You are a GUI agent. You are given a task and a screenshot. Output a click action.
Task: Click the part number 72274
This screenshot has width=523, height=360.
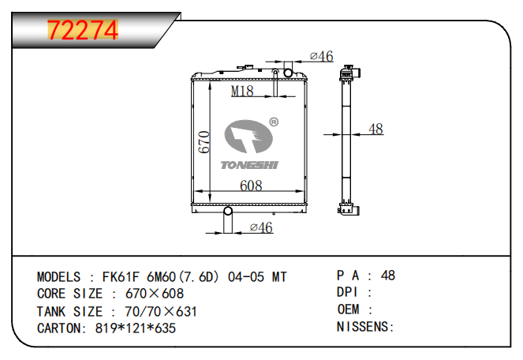83,29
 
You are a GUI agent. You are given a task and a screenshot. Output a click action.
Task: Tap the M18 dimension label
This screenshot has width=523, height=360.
242,92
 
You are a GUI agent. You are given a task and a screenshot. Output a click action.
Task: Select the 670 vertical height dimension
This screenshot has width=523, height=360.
203,142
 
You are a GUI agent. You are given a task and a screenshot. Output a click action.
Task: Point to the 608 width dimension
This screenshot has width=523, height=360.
250,186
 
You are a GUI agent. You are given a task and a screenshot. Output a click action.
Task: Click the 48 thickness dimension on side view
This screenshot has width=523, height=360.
375,129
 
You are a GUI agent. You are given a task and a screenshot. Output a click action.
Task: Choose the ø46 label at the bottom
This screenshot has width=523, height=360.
260,227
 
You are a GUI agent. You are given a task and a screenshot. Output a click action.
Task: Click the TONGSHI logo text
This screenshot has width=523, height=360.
249,163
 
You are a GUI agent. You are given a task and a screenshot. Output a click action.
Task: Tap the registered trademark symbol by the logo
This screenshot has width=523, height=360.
274,122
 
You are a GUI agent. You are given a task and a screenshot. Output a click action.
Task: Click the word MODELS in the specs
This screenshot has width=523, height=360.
58,277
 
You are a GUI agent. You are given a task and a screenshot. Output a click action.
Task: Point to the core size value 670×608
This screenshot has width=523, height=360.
155,294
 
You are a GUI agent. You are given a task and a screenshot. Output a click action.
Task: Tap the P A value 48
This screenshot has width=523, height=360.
387,276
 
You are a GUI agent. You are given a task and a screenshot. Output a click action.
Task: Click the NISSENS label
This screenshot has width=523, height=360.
364,327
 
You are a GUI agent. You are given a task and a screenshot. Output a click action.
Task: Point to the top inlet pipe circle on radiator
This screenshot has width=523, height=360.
289,73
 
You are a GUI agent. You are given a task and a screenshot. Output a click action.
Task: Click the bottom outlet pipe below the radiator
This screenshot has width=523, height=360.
227,222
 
